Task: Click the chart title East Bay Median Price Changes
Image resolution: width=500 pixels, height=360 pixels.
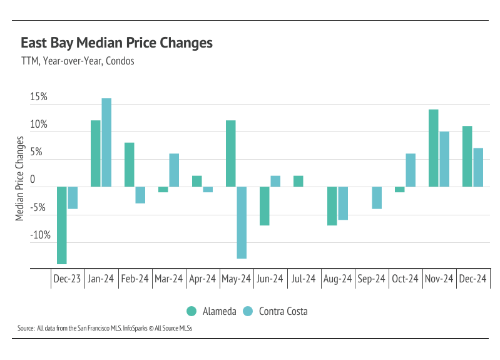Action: pyautogui.click(x=116, y=43)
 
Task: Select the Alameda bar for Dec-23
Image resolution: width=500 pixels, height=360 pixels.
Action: pyautogui.click(x=62, y=225)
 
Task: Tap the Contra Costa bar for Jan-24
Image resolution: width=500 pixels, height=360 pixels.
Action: pyautogui.click(x=106, y=143)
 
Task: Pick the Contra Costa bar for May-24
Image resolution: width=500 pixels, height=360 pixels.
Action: pyautogui.click(x=242, y=222)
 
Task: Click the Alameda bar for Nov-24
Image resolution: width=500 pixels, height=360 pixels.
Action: pyautogui.click(x=433, y=148)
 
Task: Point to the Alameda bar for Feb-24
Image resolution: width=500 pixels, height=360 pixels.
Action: pyautogui.click(x=129, y=165)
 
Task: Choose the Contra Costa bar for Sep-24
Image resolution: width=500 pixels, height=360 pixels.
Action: pyautogui.click(x=377, y=197)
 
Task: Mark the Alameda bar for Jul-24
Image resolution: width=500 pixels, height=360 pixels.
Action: pyautogui.click(x=298, y=181)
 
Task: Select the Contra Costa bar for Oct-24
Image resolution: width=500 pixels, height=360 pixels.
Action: pyautogui.click(x=411, y=170)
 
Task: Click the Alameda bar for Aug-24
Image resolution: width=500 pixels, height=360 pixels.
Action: pyautogui.click(x=332, y=205)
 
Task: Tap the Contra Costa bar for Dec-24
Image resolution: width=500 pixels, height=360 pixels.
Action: pyautogui.click(x=478, y=167)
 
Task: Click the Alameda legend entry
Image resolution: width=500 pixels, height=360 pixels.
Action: pyautogui.click(x=212, y=311)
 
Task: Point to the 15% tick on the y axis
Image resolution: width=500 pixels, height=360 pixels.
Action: pyautogui.click(x=39, y=98)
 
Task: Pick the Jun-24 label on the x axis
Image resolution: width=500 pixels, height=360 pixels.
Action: pyautogui.click(x=270, y=279)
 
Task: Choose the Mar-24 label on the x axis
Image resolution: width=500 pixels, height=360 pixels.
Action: pyautogui.click(x=169, y=279)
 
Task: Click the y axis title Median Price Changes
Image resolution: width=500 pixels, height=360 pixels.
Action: pyautogui.click(x=20, y=178)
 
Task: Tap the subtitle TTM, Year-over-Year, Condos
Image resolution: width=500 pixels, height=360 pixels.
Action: pyautogui.click(x=78, y=61)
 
